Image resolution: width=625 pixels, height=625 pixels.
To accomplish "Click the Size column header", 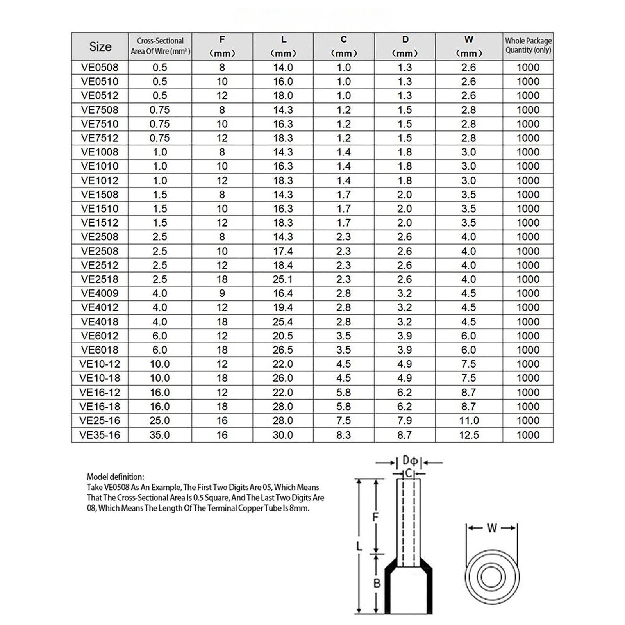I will pos(100,46).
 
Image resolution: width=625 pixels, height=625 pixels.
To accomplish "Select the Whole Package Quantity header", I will pos(528,45).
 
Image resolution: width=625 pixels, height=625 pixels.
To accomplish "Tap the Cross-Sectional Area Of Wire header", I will pos(160,46).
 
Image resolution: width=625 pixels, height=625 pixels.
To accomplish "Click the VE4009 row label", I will pos(100,293).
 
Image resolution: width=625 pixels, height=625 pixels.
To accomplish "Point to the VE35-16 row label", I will pos(100,435).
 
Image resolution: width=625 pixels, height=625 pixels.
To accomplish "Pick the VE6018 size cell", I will pos(100,350).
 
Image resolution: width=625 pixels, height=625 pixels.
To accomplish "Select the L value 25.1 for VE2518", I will pos(283,279).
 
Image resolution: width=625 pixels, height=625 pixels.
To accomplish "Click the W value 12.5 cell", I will pos(469,435).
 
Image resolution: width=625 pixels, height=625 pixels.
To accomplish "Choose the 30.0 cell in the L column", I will pos(283,435).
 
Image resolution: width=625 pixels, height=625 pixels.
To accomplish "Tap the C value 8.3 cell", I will pos(344,435).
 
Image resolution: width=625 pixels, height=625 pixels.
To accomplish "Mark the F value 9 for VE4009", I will pos(222,293).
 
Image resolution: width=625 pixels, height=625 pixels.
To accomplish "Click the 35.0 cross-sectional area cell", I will pos(160,435).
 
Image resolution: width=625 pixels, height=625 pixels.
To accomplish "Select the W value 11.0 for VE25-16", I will pos(469,421).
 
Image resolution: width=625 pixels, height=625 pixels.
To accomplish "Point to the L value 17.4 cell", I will pos(283,251).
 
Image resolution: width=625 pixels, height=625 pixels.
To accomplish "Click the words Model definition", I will pos(115,477).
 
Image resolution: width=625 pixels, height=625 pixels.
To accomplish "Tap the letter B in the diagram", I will pos(377,583).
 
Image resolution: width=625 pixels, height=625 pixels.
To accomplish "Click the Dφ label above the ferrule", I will pos(410,461).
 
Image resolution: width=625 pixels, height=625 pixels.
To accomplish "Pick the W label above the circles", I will pos(492,528).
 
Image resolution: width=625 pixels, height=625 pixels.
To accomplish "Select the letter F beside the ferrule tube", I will pos(375,517).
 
